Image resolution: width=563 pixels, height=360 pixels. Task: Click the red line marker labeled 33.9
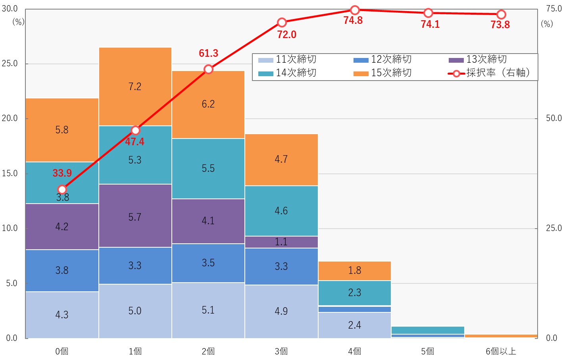pos(62,189)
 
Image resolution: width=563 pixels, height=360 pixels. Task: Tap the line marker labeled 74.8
pos(355,10)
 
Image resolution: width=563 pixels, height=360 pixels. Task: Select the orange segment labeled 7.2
pos(135,87)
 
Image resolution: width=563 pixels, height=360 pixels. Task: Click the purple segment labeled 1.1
pos(281,242)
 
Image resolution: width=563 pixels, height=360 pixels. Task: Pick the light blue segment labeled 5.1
pos(208,310)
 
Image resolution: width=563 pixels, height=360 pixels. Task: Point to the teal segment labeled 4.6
pos(281,211)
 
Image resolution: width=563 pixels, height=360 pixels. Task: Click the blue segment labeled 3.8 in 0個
pos(62,270)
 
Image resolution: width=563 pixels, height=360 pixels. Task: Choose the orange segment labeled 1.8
pos(354,271)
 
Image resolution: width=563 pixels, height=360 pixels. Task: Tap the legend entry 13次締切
pos(478,60)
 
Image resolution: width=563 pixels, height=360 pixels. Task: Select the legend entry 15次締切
pos(382,73)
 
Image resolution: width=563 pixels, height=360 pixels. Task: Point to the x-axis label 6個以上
pos(501,351)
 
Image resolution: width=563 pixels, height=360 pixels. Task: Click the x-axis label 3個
pos(281,351)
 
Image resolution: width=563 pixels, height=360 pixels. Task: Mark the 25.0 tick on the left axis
pos(10,64)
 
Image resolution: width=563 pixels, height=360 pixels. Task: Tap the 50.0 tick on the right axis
pos(554,118)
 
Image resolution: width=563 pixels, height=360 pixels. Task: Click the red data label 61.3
pos(209,53)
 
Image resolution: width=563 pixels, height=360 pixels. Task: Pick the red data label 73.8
pos(500,25)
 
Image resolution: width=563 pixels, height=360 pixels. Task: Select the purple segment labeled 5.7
pos(135,217)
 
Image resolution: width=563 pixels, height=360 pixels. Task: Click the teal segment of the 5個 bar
pos(428,330)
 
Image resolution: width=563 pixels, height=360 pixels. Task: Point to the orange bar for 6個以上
pos(501,336)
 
